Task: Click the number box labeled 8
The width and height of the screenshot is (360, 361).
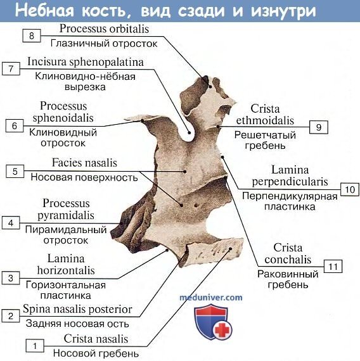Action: [32, 35]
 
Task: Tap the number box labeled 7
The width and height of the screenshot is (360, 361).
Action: [11, 68]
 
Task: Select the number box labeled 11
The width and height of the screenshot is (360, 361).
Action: [333, 267]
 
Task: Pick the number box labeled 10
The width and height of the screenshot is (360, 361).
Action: [350, 189]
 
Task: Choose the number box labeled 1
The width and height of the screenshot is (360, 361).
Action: [35, 346]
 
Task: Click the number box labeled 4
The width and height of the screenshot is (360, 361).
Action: [11, 223]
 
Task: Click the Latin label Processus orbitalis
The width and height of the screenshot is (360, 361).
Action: [104, 28]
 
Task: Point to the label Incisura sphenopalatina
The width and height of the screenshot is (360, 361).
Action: [86, 62]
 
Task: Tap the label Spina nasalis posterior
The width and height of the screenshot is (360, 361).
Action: [77, 309]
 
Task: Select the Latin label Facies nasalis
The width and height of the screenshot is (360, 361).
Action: [84, 163]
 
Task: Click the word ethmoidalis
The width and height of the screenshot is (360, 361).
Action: [265, 120]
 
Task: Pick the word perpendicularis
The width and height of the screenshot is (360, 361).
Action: [290, 182]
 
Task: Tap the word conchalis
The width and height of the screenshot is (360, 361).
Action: [288, 260]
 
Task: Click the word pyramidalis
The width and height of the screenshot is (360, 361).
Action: [66, 215]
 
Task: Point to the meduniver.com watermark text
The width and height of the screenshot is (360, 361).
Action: [211, 297]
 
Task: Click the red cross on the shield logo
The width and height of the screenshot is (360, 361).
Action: [222, 329]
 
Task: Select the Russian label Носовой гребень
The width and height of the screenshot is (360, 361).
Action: [96, 353]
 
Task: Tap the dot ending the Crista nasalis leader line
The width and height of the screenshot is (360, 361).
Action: [230, 249]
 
